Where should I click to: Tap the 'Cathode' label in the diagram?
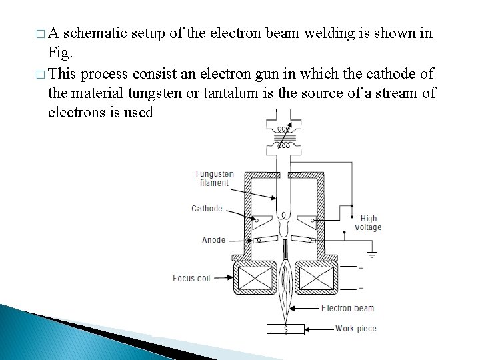(x=207, y=209)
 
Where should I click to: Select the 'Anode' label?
(x=213, y=240)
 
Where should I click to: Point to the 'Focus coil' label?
(x=191, y=278)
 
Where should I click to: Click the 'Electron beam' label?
(x=347, y=308)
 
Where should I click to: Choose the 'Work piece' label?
(x=355, y=328)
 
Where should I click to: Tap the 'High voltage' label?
(x=369, y=223)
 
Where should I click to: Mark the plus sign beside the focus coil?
(x=361, y=268)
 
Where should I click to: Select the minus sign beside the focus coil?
(x=361, y=288)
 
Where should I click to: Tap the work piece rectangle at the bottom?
(x=285, y=329)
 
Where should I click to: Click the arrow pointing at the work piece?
(x=319, y=329)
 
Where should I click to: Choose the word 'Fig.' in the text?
(x=60, y=51)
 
